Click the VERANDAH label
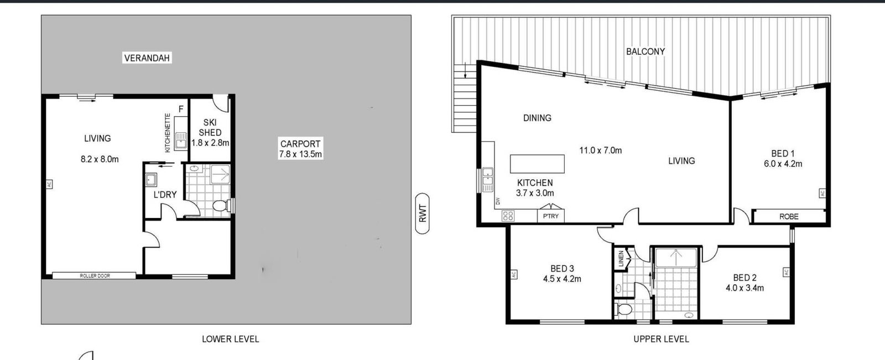point(147,58)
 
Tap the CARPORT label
point(300,144)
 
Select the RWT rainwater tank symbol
point(423,213)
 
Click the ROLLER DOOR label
point(95,276)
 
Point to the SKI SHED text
point(210,128)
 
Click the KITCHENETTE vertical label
point(168,133)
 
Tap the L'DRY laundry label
point(165,195)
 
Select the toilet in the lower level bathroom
point(221,206)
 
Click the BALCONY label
point(645,51)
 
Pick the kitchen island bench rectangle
point(537,164)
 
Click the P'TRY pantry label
point(551,216)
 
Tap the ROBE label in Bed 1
point(789,217)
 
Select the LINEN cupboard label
point(621,259)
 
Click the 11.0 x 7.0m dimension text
point(601,150)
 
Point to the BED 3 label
point(562,269)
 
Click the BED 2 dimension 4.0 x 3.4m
point(745,288)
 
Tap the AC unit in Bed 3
point(514,274)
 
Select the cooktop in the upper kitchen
point(508,216)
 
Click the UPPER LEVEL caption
point(662,339)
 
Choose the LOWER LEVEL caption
point(230,339)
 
